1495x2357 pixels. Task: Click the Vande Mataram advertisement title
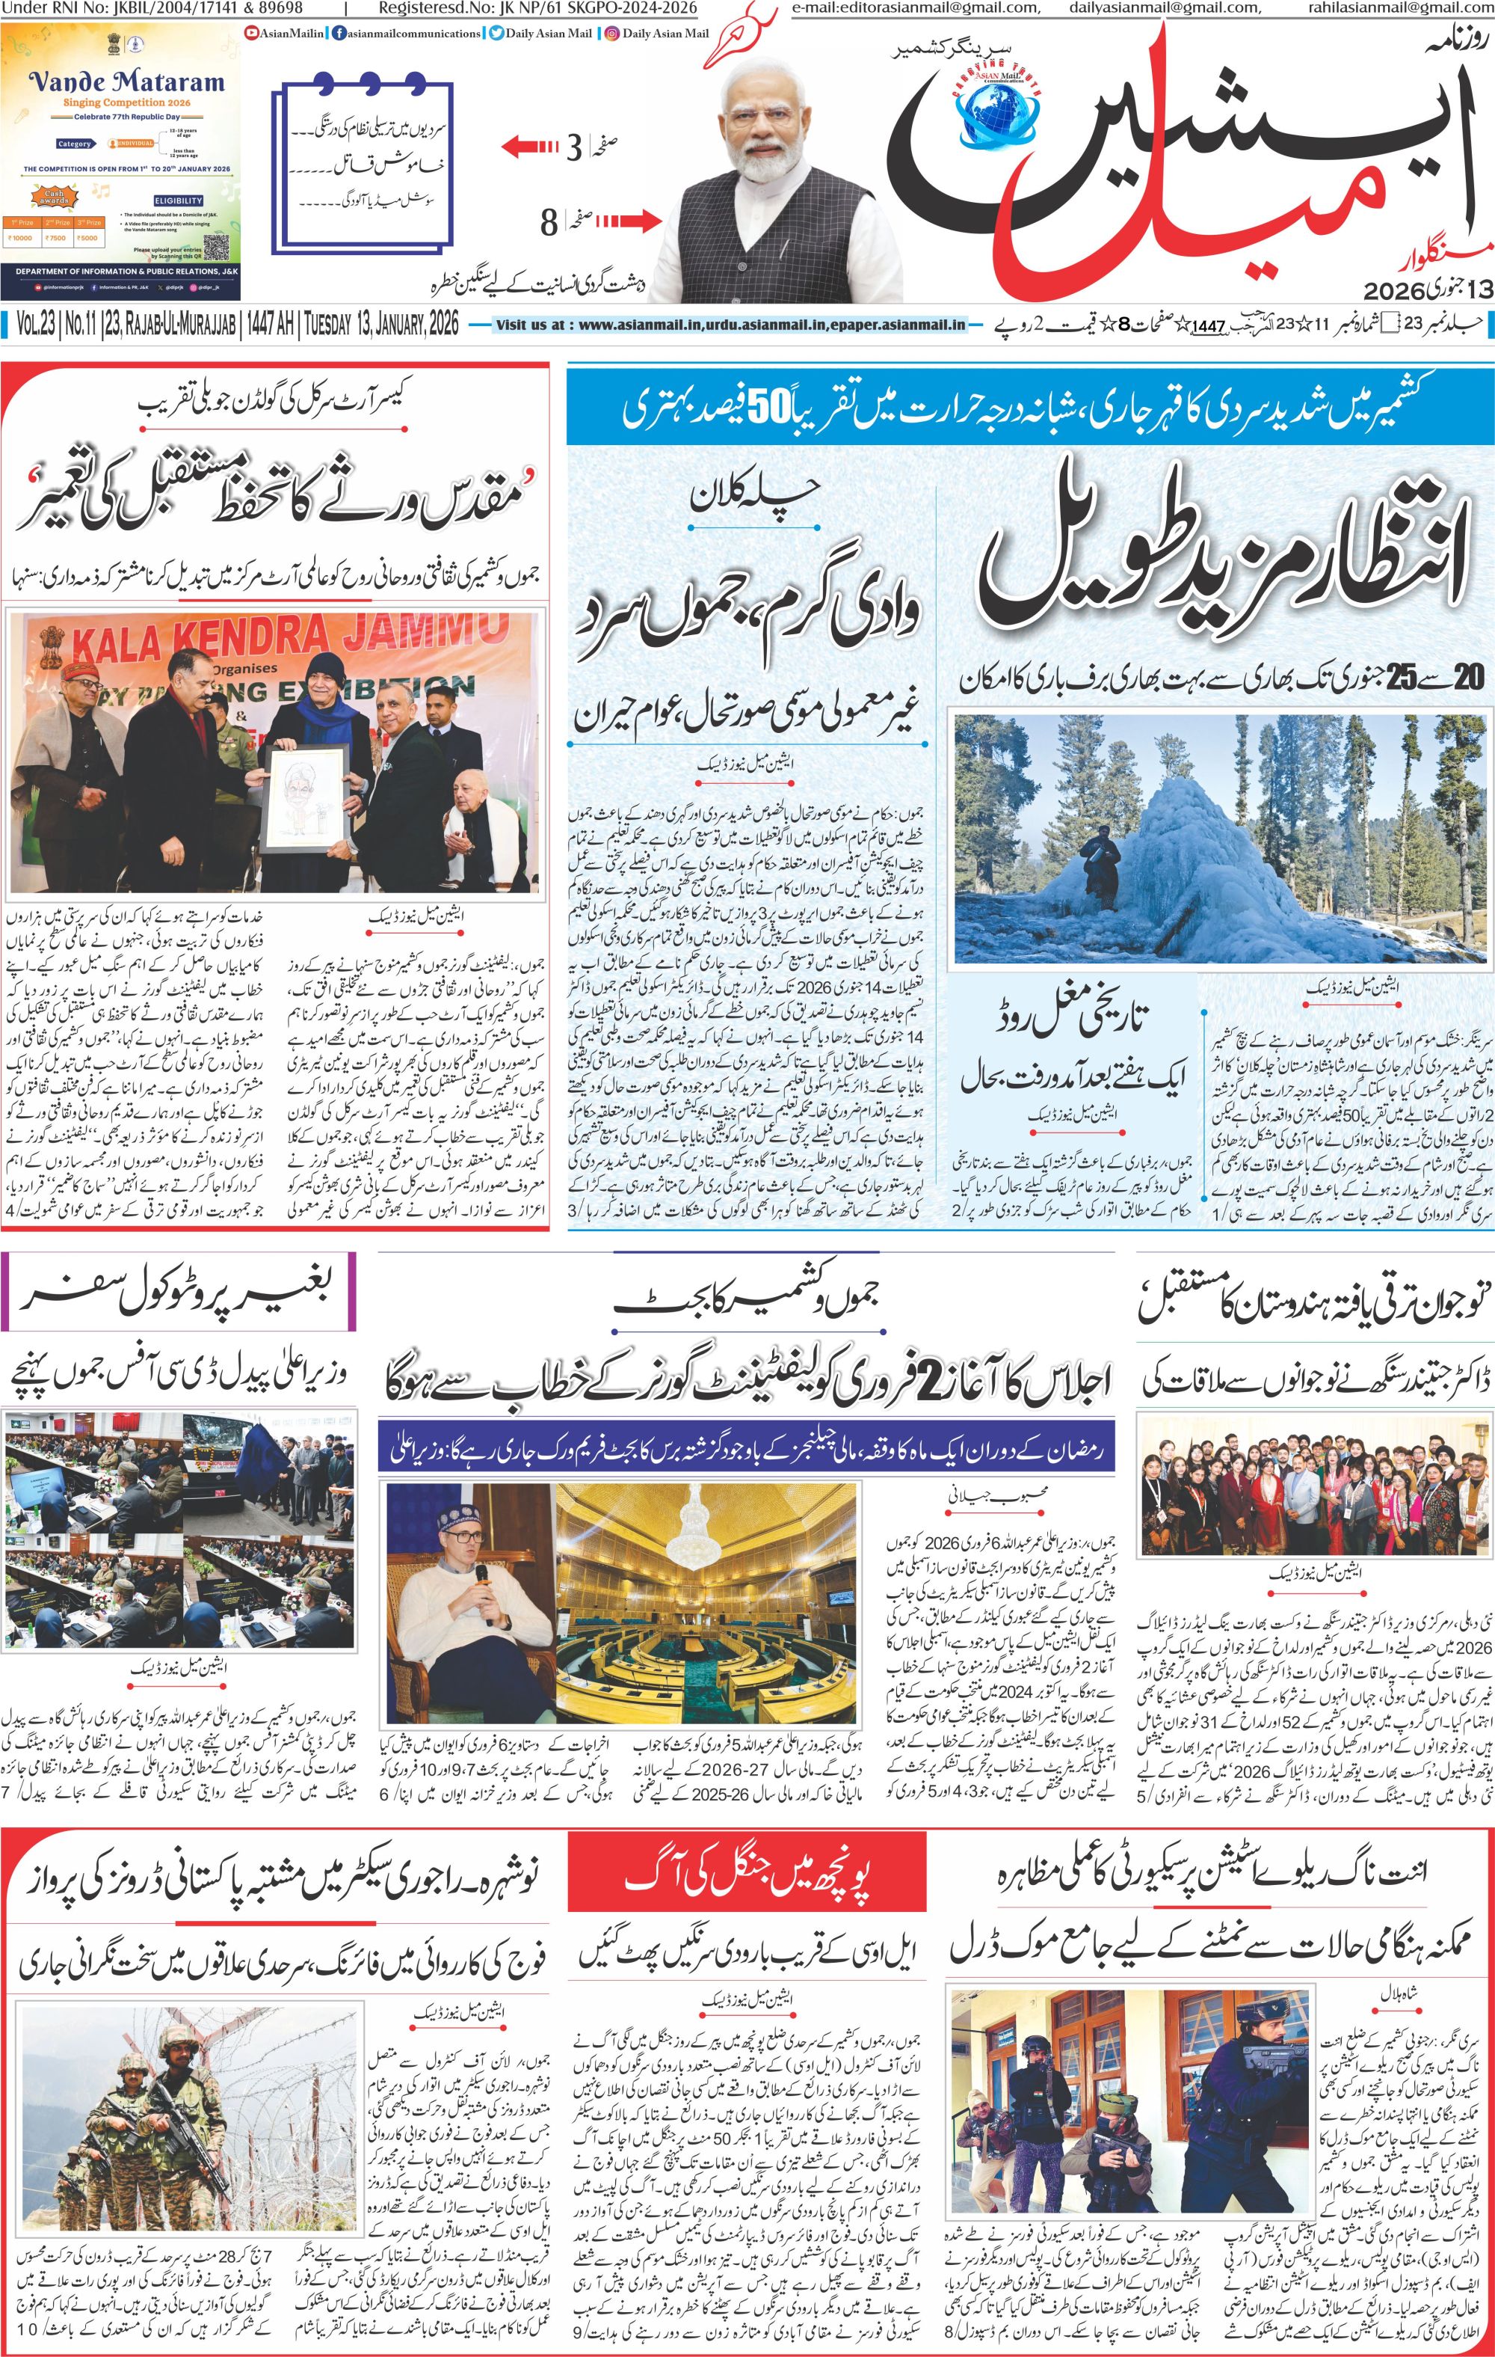coord(126,82)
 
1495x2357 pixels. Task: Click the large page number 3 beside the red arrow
coord(574,148)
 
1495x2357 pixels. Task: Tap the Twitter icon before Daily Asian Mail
coord(497,33)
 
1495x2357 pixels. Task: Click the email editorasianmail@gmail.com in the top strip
coord(915,7)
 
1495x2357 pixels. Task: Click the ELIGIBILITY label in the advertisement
coord(178,200)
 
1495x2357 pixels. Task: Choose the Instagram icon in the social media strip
coord(611,33)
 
